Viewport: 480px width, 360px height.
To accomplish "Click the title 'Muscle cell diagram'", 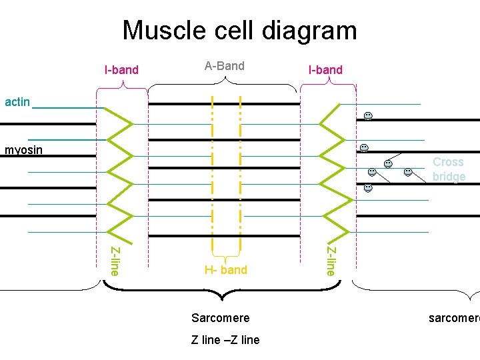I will point(239,31).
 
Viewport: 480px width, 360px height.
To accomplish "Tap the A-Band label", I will point(224,66).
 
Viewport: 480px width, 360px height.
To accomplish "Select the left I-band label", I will point(121,69).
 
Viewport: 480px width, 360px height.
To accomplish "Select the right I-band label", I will point(325,69).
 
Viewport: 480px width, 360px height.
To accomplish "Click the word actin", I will point(17,102).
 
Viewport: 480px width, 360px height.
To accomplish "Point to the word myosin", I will point(23,150).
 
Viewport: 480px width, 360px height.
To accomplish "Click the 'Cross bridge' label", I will point(448,169).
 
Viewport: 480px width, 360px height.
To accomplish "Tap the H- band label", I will point(225,270).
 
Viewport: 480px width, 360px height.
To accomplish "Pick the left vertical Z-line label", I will point(115,261).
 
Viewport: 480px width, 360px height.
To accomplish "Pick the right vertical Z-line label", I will point(331,261).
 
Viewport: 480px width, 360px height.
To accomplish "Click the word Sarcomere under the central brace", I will point(220,317).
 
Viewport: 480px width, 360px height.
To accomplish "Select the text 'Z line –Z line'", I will point(225,340).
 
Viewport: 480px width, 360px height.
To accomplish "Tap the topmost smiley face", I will point(367,117).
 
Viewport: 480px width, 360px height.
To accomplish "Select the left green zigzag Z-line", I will point(120,173).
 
